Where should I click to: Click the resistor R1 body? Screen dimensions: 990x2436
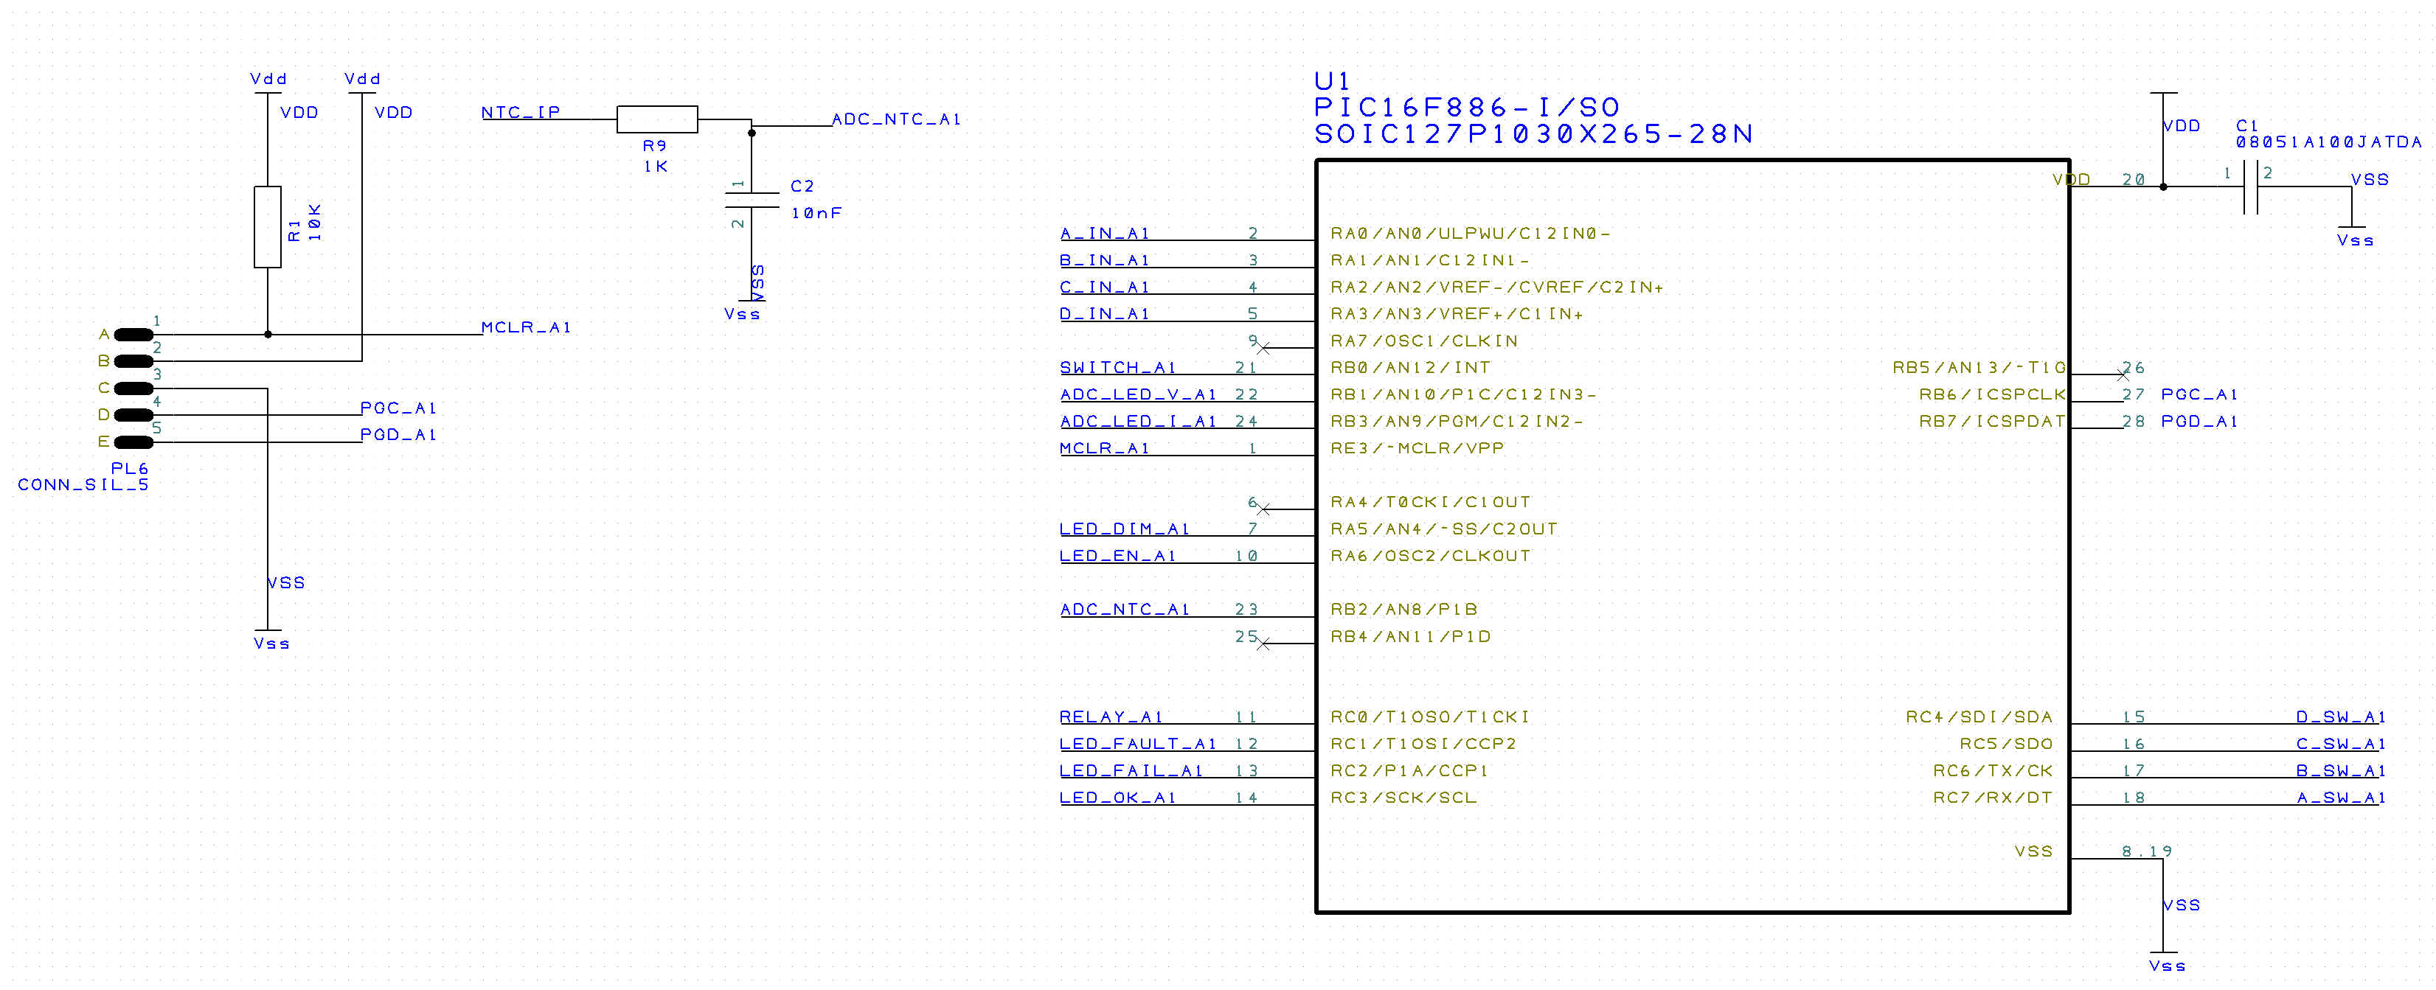coord(268,227)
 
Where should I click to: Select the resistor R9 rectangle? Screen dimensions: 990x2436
coord(657,119)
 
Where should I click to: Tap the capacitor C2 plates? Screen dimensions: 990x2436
coord(752,200)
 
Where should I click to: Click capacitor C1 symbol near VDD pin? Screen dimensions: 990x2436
coord(2251,187)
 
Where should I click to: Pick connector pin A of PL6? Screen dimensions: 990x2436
coord(133,335)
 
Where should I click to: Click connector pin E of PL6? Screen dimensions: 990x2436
coord(133,442)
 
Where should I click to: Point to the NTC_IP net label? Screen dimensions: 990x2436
coord(520,113)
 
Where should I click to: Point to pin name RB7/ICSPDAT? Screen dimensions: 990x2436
coord(1991,422)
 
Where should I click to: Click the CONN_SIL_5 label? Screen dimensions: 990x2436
coord(83,485)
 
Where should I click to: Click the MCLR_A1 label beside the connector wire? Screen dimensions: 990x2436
coord(526,328)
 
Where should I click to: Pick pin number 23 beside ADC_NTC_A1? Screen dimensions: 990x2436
coord(1246,610)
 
